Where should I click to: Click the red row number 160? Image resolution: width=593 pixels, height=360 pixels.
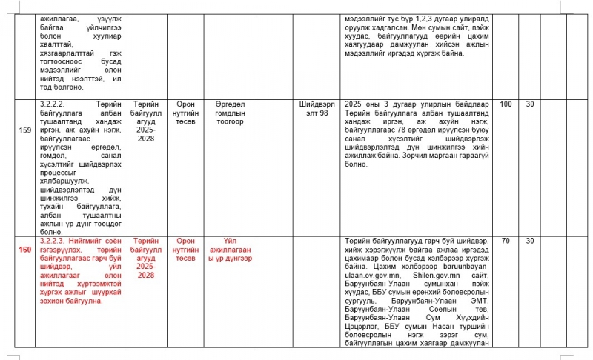pos(24,249)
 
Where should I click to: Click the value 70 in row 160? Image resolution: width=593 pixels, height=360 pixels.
pos(506,241)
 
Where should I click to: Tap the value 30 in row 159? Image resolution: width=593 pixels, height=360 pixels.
pos(530,104)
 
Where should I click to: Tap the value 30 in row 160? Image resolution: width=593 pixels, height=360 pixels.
pos(530,241)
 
